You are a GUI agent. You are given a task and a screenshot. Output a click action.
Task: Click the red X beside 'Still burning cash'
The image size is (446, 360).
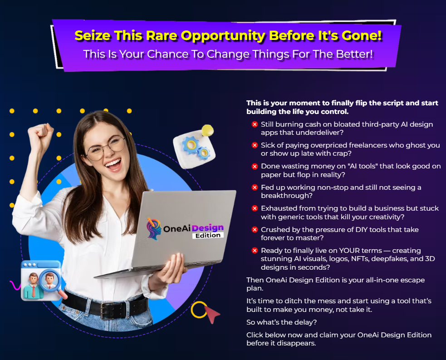255,124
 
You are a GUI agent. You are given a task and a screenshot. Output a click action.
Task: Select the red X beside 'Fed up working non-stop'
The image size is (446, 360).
255,187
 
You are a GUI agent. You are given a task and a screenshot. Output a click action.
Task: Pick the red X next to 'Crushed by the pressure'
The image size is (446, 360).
255,230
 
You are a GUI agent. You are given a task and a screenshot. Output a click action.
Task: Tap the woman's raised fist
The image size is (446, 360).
41,137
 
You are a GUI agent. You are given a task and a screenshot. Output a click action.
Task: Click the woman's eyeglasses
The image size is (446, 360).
106,148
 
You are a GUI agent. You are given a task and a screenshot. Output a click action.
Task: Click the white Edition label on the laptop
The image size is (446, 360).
208,236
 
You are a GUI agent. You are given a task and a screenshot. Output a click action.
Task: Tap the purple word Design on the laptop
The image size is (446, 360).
208,228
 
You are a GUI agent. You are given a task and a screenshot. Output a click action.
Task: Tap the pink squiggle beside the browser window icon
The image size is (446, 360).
15,285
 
